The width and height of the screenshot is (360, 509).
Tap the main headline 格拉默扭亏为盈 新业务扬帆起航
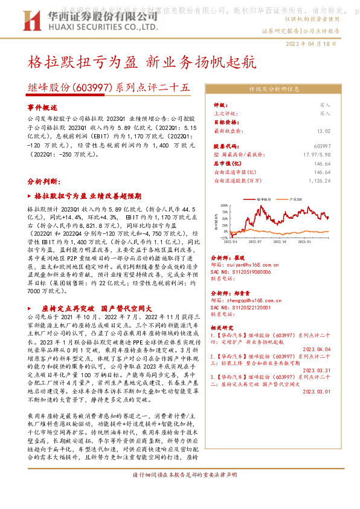143,62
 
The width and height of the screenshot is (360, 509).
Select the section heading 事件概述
41,106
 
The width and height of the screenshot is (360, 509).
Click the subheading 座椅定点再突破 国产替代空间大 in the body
96,308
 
